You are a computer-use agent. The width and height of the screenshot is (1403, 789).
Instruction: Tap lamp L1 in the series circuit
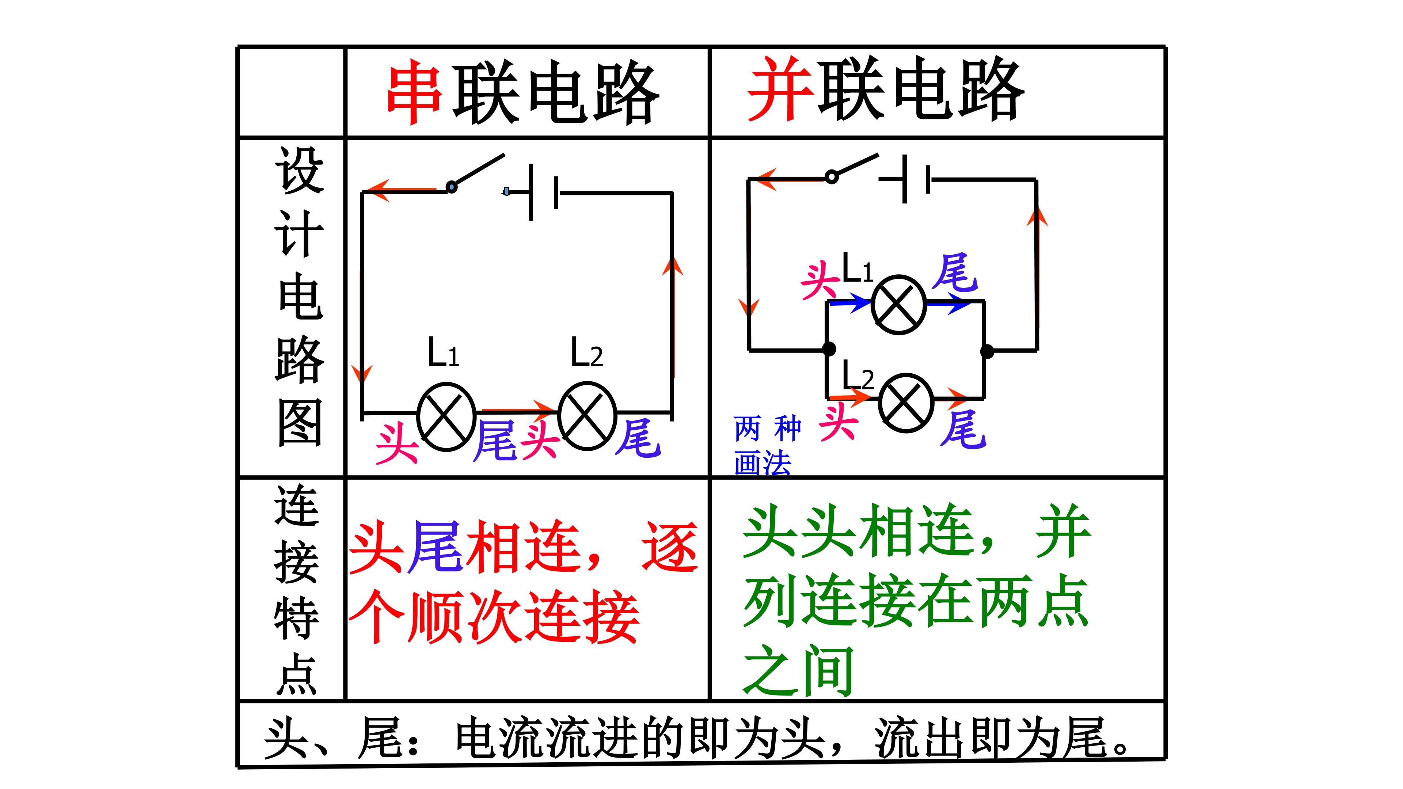pos(445,416)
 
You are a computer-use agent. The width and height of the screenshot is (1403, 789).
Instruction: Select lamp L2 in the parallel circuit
pos(906,403)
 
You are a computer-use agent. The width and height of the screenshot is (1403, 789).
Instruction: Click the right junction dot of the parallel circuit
pos(986,351)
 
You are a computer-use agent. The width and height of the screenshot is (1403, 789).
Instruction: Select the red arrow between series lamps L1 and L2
pos(517,408)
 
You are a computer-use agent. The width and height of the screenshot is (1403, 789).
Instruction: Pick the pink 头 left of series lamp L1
pos(396,444)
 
